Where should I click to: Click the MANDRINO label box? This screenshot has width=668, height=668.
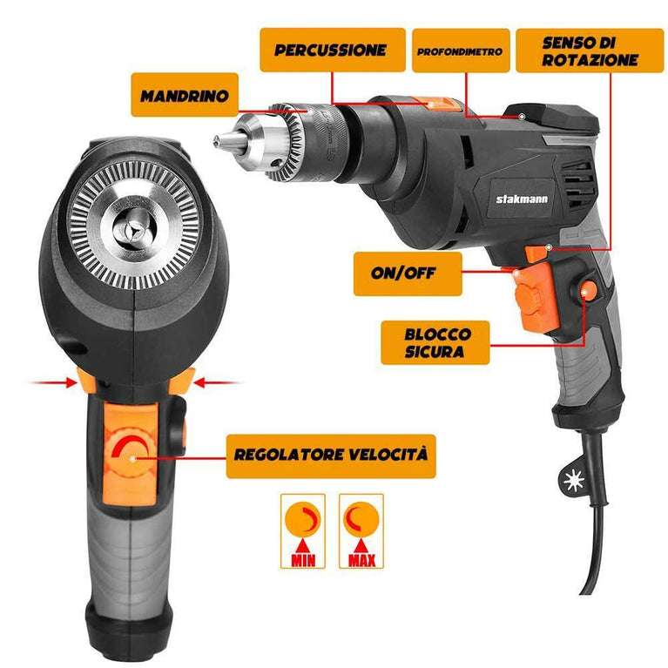tap(184, 95)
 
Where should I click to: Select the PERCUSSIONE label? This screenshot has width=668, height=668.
tap(333, 50)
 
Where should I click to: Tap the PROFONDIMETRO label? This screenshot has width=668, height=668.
tap(461, 51)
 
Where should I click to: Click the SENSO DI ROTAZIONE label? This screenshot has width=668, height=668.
tap(590, 51)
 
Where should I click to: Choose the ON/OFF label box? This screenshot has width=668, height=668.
tap(408, 273)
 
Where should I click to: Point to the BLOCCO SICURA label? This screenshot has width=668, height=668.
tap(435, 342)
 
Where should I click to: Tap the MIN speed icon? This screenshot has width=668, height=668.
tap(303, 530)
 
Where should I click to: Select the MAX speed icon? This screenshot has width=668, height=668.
tap(361, 530)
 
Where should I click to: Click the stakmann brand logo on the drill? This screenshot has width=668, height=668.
tap(522, 199)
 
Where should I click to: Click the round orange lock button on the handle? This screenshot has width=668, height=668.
tap(589, 292)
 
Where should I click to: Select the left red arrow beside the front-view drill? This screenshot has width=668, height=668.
tap(51, 382)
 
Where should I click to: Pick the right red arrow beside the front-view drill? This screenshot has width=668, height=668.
tap(217, 382)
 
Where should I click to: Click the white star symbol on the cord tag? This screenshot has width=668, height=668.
tap(573, 481)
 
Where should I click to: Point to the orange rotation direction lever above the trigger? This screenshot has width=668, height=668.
tap(536, 253)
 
